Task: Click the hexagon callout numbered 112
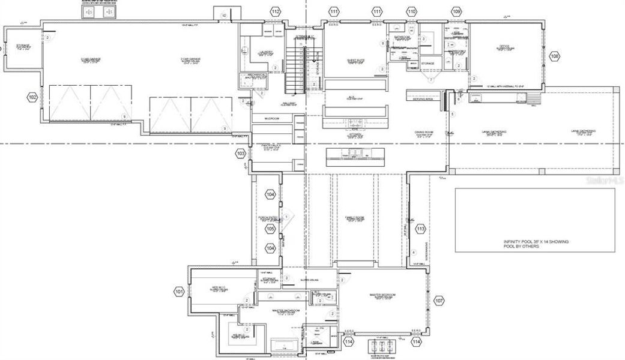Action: pyautogui.click(x=275, y=12)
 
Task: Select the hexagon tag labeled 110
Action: pyautogui.click(x=411, y=12)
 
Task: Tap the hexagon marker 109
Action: pyautogui.click(x=457, y=12)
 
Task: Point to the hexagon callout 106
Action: pyautogui.click(x=554, y=56)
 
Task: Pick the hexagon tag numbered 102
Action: pyautogui.click(x=32, y=97)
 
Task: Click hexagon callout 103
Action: pyautogui.click(x=241, y=154)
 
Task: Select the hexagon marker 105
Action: pyautogui.click(x=271, y=229)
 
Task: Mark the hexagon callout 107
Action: pyautogui.click(x=439, y=300)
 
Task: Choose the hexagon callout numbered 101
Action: pyautogui.click(x=179, y=292)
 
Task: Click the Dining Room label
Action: pyautogui.click(x=424, y=133)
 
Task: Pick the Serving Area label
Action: pyautogui.click(x=423, y=100)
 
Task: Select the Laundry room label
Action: pyautogui.click(x=266, y=53)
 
